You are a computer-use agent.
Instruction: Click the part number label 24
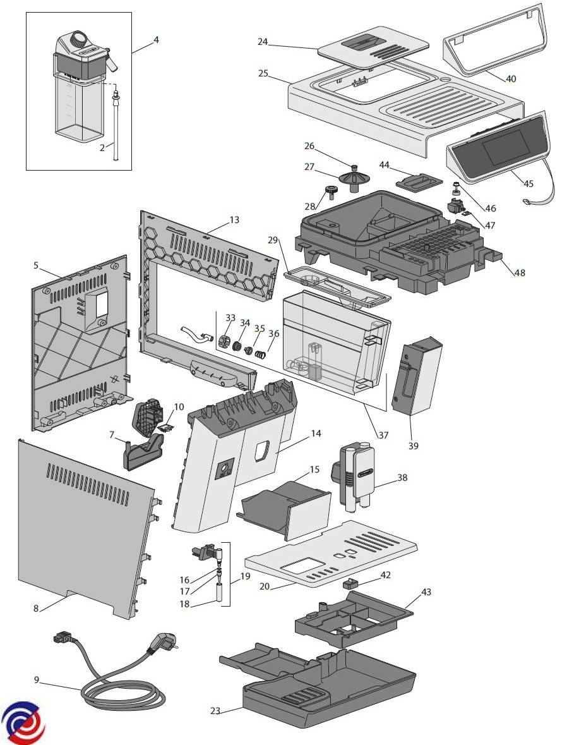[263, 42]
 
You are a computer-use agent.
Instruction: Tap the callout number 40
[511, 79]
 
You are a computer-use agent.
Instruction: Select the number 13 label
[234, 220]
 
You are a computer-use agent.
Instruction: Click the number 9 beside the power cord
[37, 679]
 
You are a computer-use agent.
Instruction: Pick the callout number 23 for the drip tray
[215, 710]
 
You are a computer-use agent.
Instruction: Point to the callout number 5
[37, 265]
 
